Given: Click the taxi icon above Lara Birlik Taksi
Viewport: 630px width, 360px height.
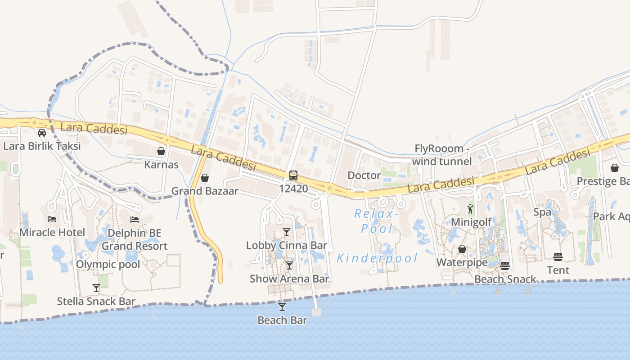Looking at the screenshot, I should click(42, 133).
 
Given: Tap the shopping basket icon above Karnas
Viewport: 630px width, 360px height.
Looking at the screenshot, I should click(161, 151).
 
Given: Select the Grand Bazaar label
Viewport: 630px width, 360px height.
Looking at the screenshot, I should click(205, 191).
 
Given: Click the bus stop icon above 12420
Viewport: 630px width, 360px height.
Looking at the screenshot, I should click(293, 175).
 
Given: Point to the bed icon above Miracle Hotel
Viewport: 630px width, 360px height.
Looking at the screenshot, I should click(52, 219).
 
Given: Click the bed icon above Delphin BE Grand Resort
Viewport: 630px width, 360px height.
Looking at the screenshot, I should click(134, 220).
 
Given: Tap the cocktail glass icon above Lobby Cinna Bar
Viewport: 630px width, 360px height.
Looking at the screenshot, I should click(287, 232).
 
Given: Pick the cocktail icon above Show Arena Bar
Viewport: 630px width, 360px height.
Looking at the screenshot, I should click(289, 265).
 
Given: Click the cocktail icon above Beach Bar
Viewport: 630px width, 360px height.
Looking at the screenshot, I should click(282, 307).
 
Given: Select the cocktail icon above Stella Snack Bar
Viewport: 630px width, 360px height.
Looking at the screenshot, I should click(96, 288).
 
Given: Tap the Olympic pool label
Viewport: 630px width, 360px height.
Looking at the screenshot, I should click(108, 264).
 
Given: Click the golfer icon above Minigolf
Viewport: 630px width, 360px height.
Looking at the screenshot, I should click(470, 209).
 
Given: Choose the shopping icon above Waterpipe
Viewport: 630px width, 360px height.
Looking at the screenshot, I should click(462, 249).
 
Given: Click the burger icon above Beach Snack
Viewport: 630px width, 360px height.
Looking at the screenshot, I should click(505, 266).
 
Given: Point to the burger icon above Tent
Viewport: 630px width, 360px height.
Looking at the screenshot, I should click(558, 257).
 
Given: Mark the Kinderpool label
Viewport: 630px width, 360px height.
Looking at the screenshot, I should click(377, 258).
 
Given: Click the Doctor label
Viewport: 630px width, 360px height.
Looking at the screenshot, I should click(364, 175).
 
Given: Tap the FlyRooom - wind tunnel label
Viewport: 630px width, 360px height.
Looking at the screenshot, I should click(441, 155).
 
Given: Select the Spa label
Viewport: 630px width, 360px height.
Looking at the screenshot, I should click(542, 212).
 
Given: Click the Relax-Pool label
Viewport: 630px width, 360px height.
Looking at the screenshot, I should click(374, 221).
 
